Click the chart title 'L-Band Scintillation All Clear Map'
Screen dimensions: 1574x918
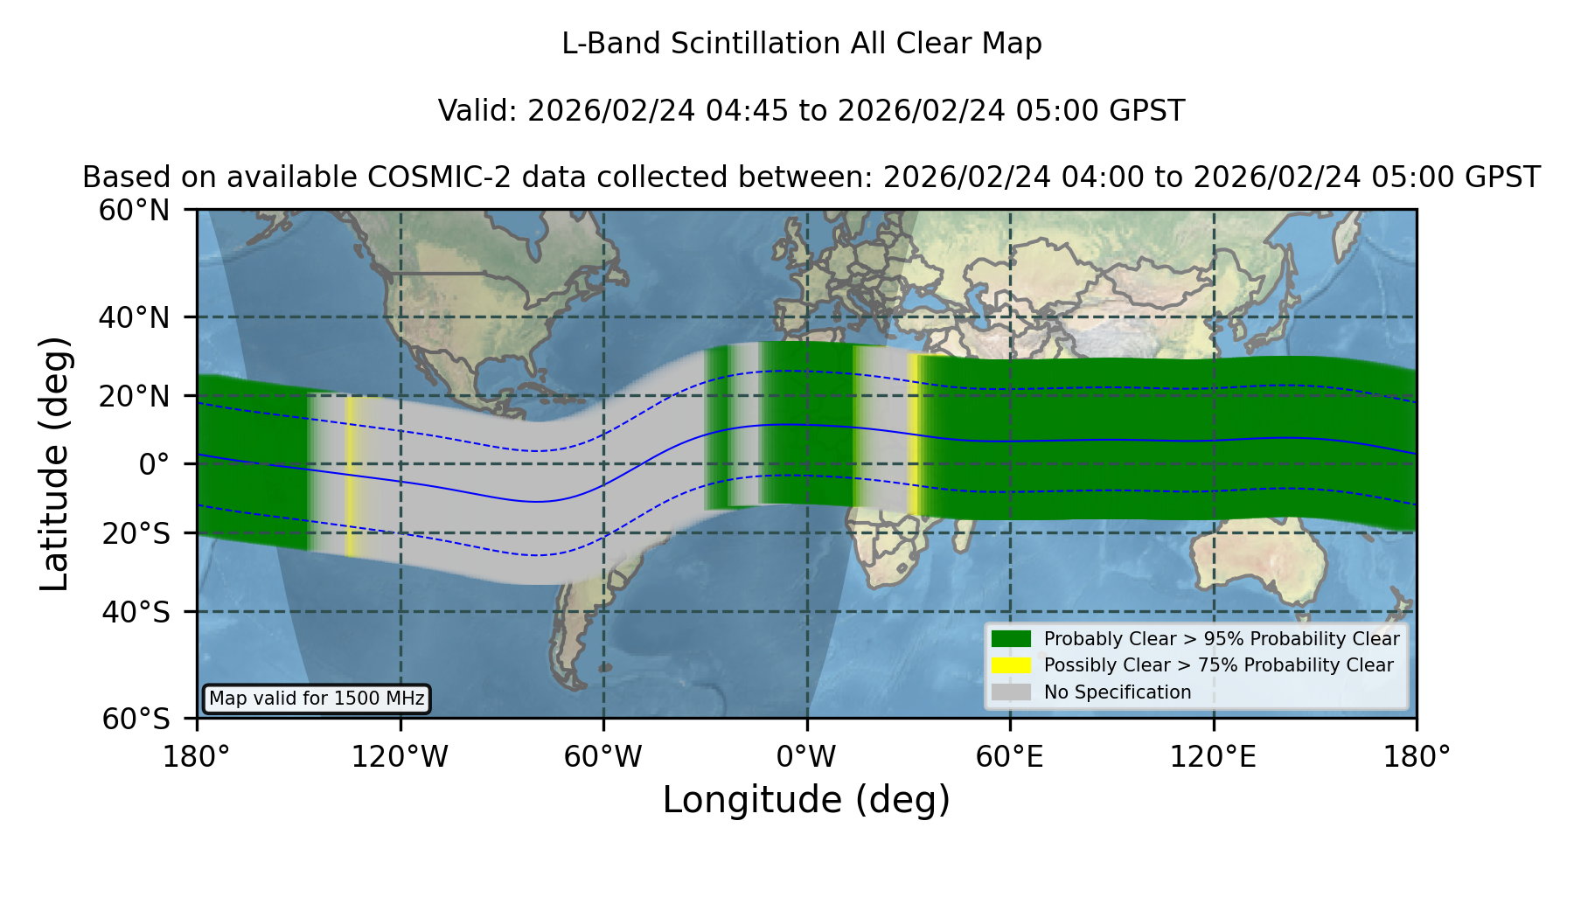802,44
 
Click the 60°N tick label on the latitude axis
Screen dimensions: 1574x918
134,211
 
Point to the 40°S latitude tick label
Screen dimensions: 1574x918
136,612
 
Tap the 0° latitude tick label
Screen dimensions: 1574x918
154,464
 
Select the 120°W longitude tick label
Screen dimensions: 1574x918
400,756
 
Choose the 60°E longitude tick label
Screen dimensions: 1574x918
1010,756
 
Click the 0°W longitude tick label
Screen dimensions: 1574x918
807,756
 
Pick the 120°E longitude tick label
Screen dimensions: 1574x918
1214,756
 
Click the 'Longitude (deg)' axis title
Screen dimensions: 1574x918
806,800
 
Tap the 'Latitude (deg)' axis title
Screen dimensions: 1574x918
55,463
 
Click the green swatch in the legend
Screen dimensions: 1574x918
1011,638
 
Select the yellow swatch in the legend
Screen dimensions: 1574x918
1011,665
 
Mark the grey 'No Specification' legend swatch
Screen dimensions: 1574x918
1011,692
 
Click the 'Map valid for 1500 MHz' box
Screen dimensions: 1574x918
317,699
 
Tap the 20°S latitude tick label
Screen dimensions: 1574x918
136,533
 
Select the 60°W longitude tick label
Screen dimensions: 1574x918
603,756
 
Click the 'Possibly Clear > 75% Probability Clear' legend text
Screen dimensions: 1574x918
1219,665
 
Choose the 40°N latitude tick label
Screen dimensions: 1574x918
134,317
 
